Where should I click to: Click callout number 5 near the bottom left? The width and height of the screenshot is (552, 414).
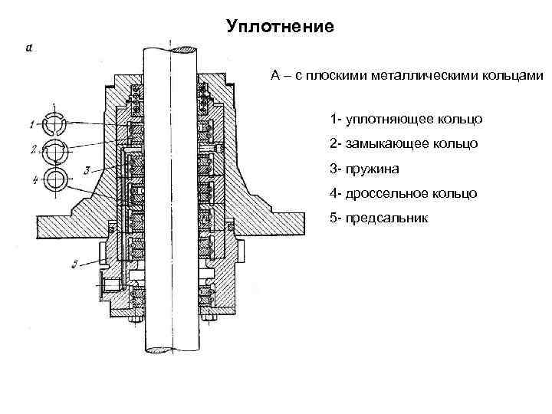74,265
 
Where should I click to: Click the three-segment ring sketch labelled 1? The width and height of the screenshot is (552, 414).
55,123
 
